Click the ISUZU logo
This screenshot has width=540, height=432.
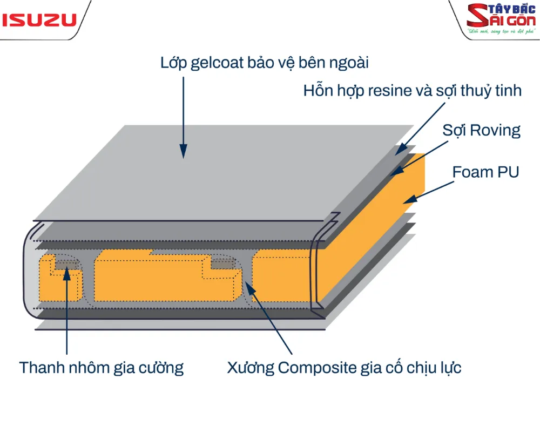point(39,21)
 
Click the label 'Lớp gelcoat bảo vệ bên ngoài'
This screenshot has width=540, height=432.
point(265,63)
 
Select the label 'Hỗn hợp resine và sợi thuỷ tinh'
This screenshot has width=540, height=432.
point(413,90)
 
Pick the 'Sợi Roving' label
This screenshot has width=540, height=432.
point(481,130)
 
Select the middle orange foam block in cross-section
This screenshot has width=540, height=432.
point(151,278)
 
